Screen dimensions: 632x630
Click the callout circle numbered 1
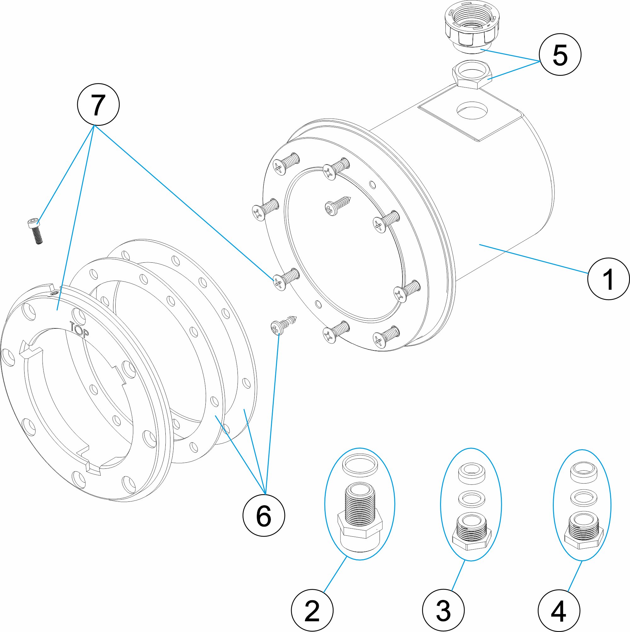(x=608, y=279)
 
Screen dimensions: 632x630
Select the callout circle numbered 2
(x=312, y=610)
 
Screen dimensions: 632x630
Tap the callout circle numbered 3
(x=443, y=610)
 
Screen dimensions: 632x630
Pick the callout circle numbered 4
(x=559, y=610)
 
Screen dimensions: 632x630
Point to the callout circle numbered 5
(x=560, y=55)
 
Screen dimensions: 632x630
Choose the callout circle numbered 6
(x=264, y=516)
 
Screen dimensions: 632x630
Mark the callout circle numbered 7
(x=98, y=105)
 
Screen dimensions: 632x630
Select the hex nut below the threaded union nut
(x=472, y=75)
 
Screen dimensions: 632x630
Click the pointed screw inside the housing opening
(x=337, y=205)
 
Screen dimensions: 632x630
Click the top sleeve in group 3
(x=471, y=473)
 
